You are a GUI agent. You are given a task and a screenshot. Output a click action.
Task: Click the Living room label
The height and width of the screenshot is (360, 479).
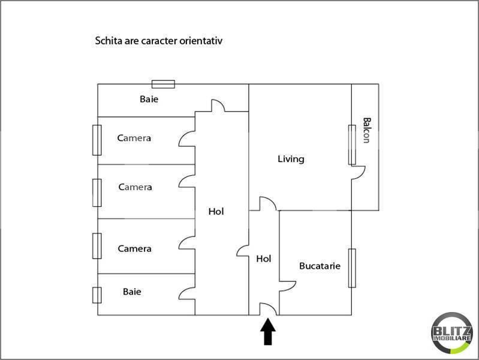pos(291,159)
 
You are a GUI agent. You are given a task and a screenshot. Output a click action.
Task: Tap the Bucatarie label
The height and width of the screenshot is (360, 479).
pos(320,266)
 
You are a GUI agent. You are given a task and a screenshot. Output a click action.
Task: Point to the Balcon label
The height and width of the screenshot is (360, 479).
pos(367,130)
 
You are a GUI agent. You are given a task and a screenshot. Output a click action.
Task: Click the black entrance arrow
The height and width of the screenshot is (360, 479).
pos(268,332)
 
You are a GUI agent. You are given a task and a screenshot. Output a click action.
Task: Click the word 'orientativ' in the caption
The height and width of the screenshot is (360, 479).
pos(201,41)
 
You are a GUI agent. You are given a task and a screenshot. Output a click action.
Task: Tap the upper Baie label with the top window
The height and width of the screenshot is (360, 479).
pos(149,99)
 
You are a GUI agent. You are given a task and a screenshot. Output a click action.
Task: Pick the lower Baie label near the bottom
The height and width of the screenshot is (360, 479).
pos(132,292)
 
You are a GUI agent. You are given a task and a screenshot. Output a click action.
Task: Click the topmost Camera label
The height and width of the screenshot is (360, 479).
pos(134,138)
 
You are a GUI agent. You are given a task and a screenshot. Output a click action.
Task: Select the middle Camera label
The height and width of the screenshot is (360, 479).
pos(135,187)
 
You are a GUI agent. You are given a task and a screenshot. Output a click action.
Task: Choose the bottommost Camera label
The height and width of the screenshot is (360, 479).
pos(134,248)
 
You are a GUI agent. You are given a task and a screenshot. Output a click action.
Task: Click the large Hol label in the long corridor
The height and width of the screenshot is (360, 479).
pos(216,211)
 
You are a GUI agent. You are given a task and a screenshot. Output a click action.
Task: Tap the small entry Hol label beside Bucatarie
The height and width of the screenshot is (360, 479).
pos(264,259)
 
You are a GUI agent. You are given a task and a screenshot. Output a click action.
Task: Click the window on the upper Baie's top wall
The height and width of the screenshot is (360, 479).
pos(164,84)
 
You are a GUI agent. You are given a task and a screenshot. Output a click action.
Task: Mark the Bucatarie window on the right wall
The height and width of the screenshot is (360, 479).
pos(352,268)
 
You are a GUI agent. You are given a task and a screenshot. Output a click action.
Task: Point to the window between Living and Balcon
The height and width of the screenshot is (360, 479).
pos(352,145)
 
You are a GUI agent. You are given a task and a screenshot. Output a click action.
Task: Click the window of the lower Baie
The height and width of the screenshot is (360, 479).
pos(97,295)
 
